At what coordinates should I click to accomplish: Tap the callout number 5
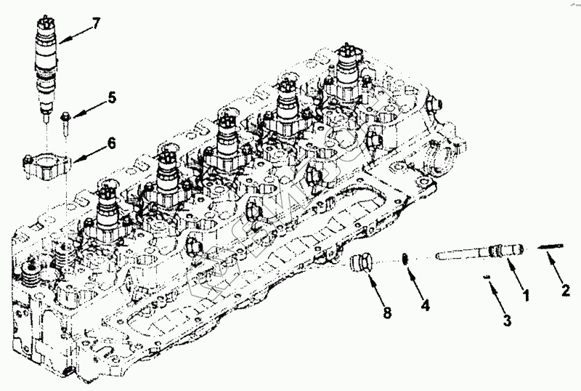pos(112,97)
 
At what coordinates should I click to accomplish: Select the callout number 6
pos(111,143)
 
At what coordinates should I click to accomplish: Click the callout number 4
pos(426,305)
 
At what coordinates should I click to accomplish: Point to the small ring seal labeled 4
pos(407,258)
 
